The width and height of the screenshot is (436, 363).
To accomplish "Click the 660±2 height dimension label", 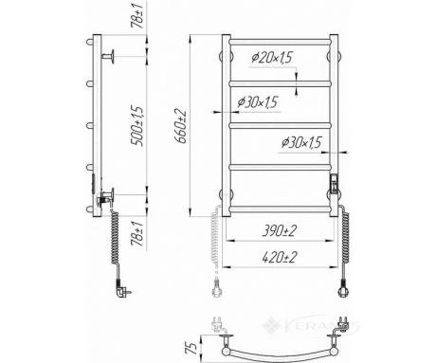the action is pyautogui.click(x=183, y=126).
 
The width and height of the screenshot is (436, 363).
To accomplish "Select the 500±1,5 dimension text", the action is pyautogui.click(x=138, y=126).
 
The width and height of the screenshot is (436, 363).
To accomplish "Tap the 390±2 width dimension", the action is pyautogui.click(x=280, y=231).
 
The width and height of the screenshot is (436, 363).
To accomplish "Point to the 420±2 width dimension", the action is pyautogui.click(x=280, y=258).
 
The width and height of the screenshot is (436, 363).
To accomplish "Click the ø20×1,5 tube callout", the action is pyautogui.click(x=272, y=58).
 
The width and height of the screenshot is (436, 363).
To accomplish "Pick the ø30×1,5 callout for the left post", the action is pyautogui.click(x=258, y=102).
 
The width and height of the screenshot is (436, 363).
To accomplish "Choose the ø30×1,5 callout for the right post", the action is pyautogui.click(x=301, y=142).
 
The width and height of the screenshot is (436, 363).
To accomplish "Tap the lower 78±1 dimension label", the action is pyautogui.click(x=138, y=234).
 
